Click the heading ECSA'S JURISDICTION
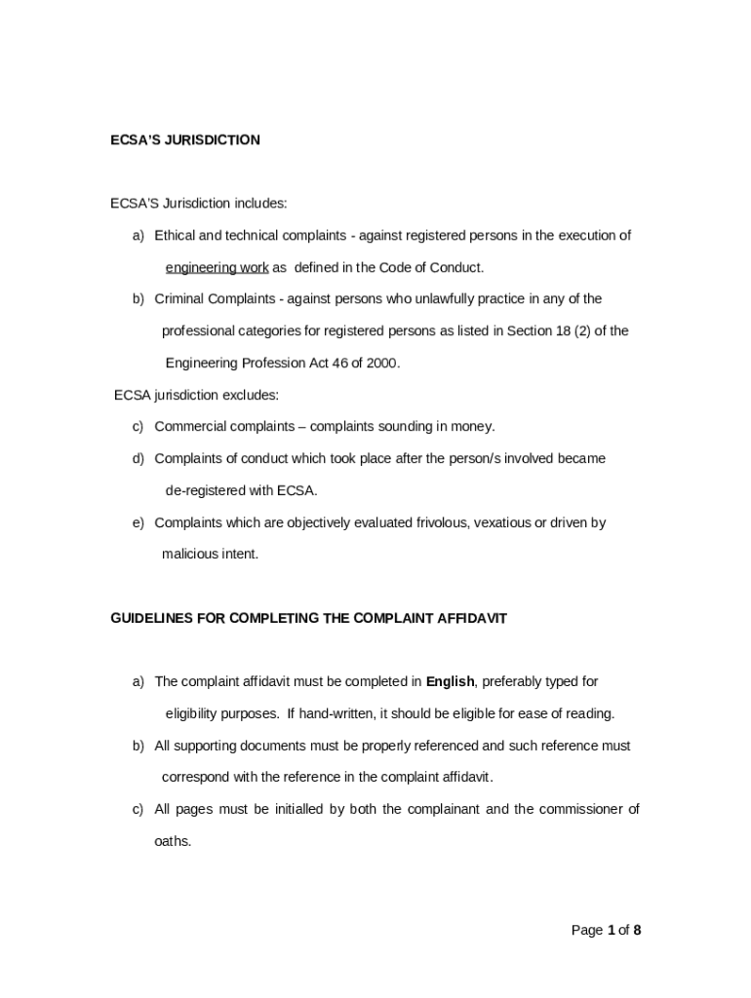(x=185, y=140)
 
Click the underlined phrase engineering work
(x=217, y=267)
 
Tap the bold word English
(x=450, y=681)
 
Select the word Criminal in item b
(x=178, y=298)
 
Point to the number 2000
(x=380, y=363)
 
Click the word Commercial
(x=190, y=426)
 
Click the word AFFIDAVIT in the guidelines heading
(x=471, y=618)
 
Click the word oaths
(x=173, y=841)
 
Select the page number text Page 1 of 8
(x=606, y=930)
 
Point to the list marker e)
(x=138, y=522)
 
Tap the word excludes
(x=253, y=395)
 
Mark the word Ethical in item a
(x=176, y=235)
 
